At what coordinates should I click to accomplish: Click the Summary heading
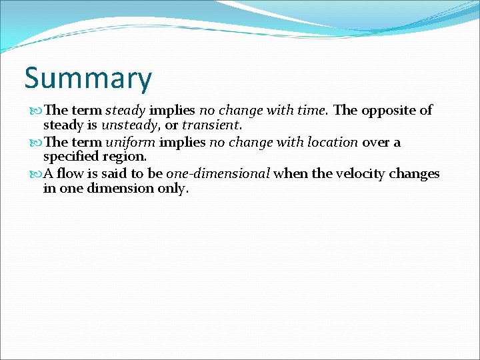tap(88, 79)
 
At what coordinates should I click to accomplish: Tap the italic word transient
tap(211, 125)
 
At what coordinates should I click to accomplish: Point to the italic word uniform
tap(130, 142)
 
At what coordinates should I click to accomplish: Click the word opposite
tap(389, 110)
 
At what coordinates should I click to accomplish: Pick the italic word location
tap(332, 142)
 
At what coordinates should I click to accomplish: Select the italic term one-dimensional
tap(218, 174)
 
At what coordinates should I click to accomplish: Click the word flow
tap(72, 174)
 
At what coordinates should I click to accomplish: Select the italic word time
tap(315, 110)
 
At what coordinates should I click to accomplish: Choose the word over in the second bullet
tap(375, 142)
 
